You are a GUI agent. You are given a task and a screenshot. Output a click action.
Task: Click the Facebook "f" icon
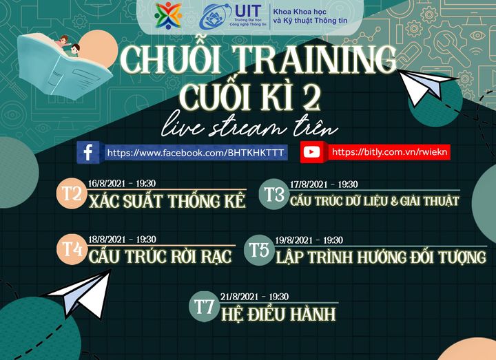[87, 152]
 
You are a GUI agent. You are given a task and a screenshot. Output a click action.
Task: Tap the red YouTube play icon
[311, 152]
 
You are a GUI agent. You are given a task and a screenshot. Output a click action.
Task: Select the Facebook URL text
[195, 153]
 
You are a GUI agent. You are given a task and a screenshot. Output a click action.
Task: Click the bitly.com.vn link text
[389, 152]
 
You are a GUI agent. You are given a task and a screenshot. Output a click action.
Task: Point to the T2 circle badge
[72, 193]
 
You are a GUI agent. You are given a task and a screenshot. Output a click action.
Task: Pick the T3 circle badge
[274, 194]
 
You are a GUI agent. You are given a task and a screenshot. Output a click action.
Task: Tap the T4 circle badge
[72, 249]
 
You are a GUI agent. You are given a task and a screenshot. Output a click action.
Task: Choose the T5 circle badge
[259, 250]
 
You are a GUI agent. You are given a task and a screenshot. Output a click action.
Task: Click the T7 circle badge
[204, 306]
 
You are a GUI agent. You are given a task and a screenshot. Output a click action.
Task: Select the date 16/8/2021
[107, 184]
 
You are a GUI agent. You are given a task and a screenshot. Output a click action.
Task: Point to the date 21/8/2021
[240, 297]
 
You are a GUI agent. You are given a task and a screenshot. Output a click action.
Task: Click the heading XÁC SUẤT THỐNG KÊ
[167, 201]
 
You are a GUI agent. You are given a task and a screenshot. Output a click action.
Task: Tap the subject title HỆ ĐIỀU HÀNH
[278, 315]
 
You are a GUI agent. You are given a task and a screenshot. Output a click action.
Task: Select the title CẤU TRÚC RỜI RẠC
[160, 256]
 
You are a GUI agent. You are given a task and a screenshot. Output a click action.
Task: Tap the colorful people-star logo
[168, 15]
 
